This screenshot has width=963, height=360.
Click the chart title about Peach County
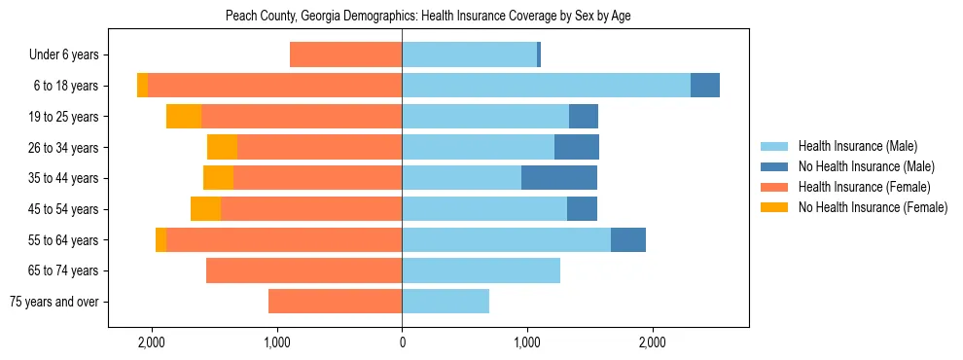pyautogui.click(x=428, y=17)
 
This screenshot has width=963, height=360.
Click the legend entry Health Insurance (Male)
pyautogui.click(x=857, y=146)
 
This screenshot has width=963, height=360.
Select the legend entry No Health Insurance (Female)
pyautogui.click(x=873, y=207)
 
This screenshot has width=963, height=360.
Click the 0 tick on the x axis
pyautogui.click(x=402, y=342)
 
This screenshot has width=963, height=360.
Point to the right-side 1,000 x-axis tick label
pyautogui.click(x=527, y=342)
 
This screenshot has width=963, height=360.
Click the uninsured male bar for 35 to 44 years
pyautogui.click(x=559, y=178)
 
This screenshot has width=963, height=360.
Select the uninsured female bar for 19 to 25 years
pyautogui.click(x=184, y=117)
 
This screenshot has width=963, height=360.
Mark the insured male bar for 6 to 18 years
pyautogui.click(x=546, y=86)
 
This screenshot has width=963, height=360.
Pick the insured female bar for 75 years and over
pyautogui.click(x=335, y=302)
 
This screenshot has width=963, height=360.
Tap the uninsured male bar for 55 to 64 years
pyautogui.click(x=628, y=239)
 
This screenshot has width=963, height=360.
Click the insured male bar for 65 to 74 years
pyautogui.click(x=481, y=270)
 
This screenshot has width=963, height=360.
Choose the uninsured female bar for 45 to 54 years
pyautogui.click(x=205, y=209)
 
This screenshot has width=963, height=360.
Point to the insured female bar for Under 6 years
pyautogui.click(x=345, y=55)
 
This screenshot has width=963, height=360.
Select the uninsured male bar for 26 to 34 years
pyautogui.click(x=577, y=148)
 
